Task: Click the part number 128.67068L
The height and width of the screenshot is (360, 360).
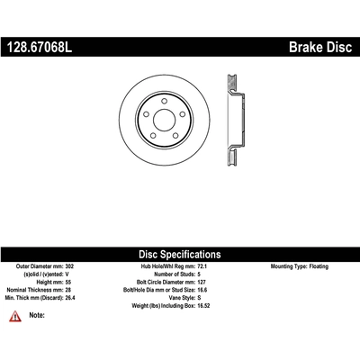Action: tap(40, 47)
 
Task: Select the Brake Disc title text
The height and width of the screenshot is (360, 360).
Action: tap(320, 47)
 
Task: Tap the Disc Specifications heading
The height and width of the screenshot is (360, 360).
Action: tap(180, 255)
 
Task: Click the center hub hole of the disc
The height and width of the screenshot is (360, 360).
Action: tap(164, 120)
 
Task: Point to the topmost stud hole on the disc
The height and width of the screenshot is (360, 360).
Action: tap(164, 101)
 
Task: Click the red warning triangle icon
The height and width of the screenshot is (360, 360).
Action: tap(15, 316)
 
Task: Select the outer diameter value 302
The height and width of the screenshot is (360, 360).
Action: tap(69, 266)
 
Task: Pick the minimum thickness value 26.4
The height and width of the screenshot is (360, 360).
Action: tap(70, 298)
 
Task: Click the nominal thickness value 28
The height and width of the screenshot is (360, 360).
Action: tap(68, 290)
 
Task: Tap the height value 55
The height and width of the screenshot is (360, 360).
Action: tap(68, 282)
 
